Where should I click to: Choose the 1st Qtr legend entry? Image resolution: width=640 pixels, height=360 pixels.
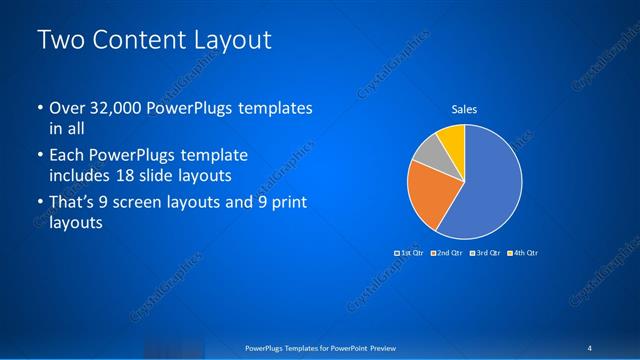click(408, 253)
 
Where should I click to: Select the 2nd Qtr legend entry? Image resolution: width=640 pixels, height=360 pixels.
click(445, 253)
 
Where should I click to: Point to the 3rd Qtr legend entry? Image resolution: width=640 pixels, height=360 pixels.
click(483, 253)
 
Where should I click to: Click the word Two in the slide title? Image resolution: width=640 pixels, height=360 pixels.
click(57, 41)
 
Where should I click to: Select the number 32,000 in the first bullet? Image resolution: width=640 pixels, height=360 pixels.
click(119, 108)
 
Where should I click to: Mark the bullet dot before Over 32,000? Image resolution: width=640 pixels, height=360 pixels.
click(39, 108)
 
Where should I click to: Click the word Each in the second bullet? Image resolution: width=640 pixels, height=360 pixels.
click(67, 156)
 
